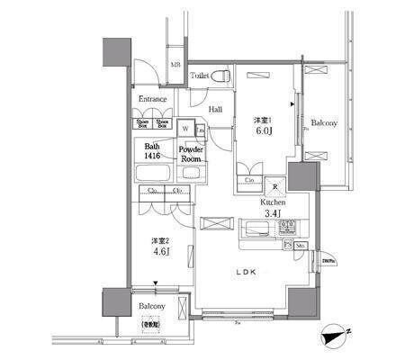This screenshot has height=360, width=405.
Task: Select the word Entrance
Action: point(153,100)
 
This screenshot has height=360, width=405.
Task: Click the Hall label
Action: point(216,109)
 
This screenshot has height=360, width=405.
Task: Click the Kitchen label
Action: point(274,202)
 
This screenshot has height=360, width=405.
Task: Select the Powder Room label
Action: point(190,153)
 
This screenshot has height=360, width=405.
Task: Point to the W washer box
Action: point(185,127)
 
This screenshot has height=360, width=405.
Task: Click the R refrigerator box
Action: point(274,187)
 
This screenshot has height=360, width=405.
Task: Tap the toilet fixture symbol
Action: point(227,76)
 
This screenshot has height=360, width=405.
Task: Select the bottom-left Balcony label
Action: point(151,306)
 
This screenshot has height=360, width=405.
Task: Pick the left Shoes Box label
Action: point(142,124)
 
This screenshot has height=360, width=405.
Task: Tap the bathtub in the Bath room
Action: point(153,170)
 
